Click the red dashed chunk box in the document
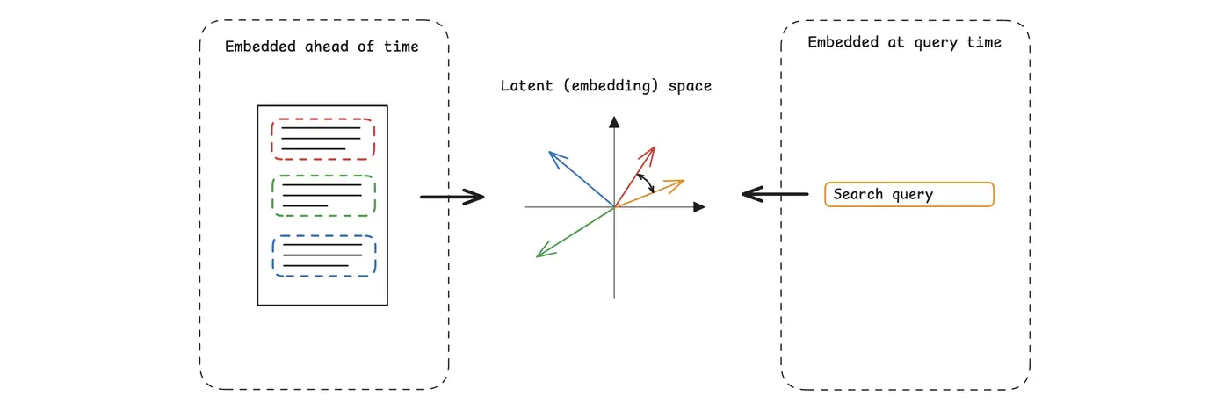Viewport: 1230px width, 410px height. point(322,140)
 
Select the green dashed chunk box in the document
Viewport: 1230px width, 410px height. point(323,195)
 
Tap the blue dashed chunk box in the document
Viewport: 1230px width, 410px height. point(323,255)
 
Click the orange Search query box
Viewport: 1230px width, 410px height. point(908,194)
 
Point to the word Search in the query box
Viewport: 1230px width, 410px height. point(857,194)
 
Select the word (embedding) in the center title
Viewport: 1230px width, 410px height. point(611,86)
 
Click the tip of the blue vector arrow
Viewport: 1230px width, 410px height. point(550,152)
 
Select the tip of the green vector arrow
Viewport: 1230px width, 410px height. point(537,256)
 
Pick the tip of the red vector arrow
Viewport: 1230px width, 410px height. point(655,147)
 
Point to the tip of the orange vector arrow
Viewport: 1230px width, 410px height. point(683,181)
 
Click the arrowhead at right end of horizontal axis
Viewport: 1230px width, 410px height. point(699,207)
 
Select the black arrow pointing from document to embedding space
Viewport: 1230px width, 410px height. point(452,197)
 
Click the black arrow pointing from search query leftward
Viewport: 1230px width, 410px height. point(774,193)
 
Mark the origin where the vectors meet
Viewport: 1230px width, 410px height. point(615,207)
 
